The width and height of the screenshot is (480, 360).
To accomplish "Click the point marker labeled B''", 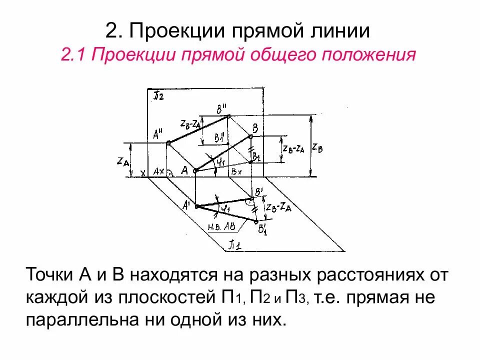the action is point(228,116).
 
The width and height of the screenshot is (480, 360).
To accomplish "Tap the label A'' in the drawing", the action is point(159,134).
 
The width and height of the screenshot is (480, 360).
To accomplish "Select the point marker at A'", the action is point(196,206).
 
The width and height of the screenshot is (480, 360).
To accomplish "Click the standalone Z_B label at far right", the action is point(317,147).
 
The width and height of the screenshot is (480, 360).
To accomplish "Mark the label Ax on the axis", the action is point(159,171).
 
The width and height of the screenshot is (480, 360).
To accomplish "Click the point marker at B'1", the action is point(256,221).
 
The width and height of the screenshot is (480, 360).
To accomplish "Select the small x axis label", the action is point(143,173).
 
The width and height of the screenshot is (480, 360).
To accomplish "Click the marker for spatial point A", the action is point(196,170).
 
